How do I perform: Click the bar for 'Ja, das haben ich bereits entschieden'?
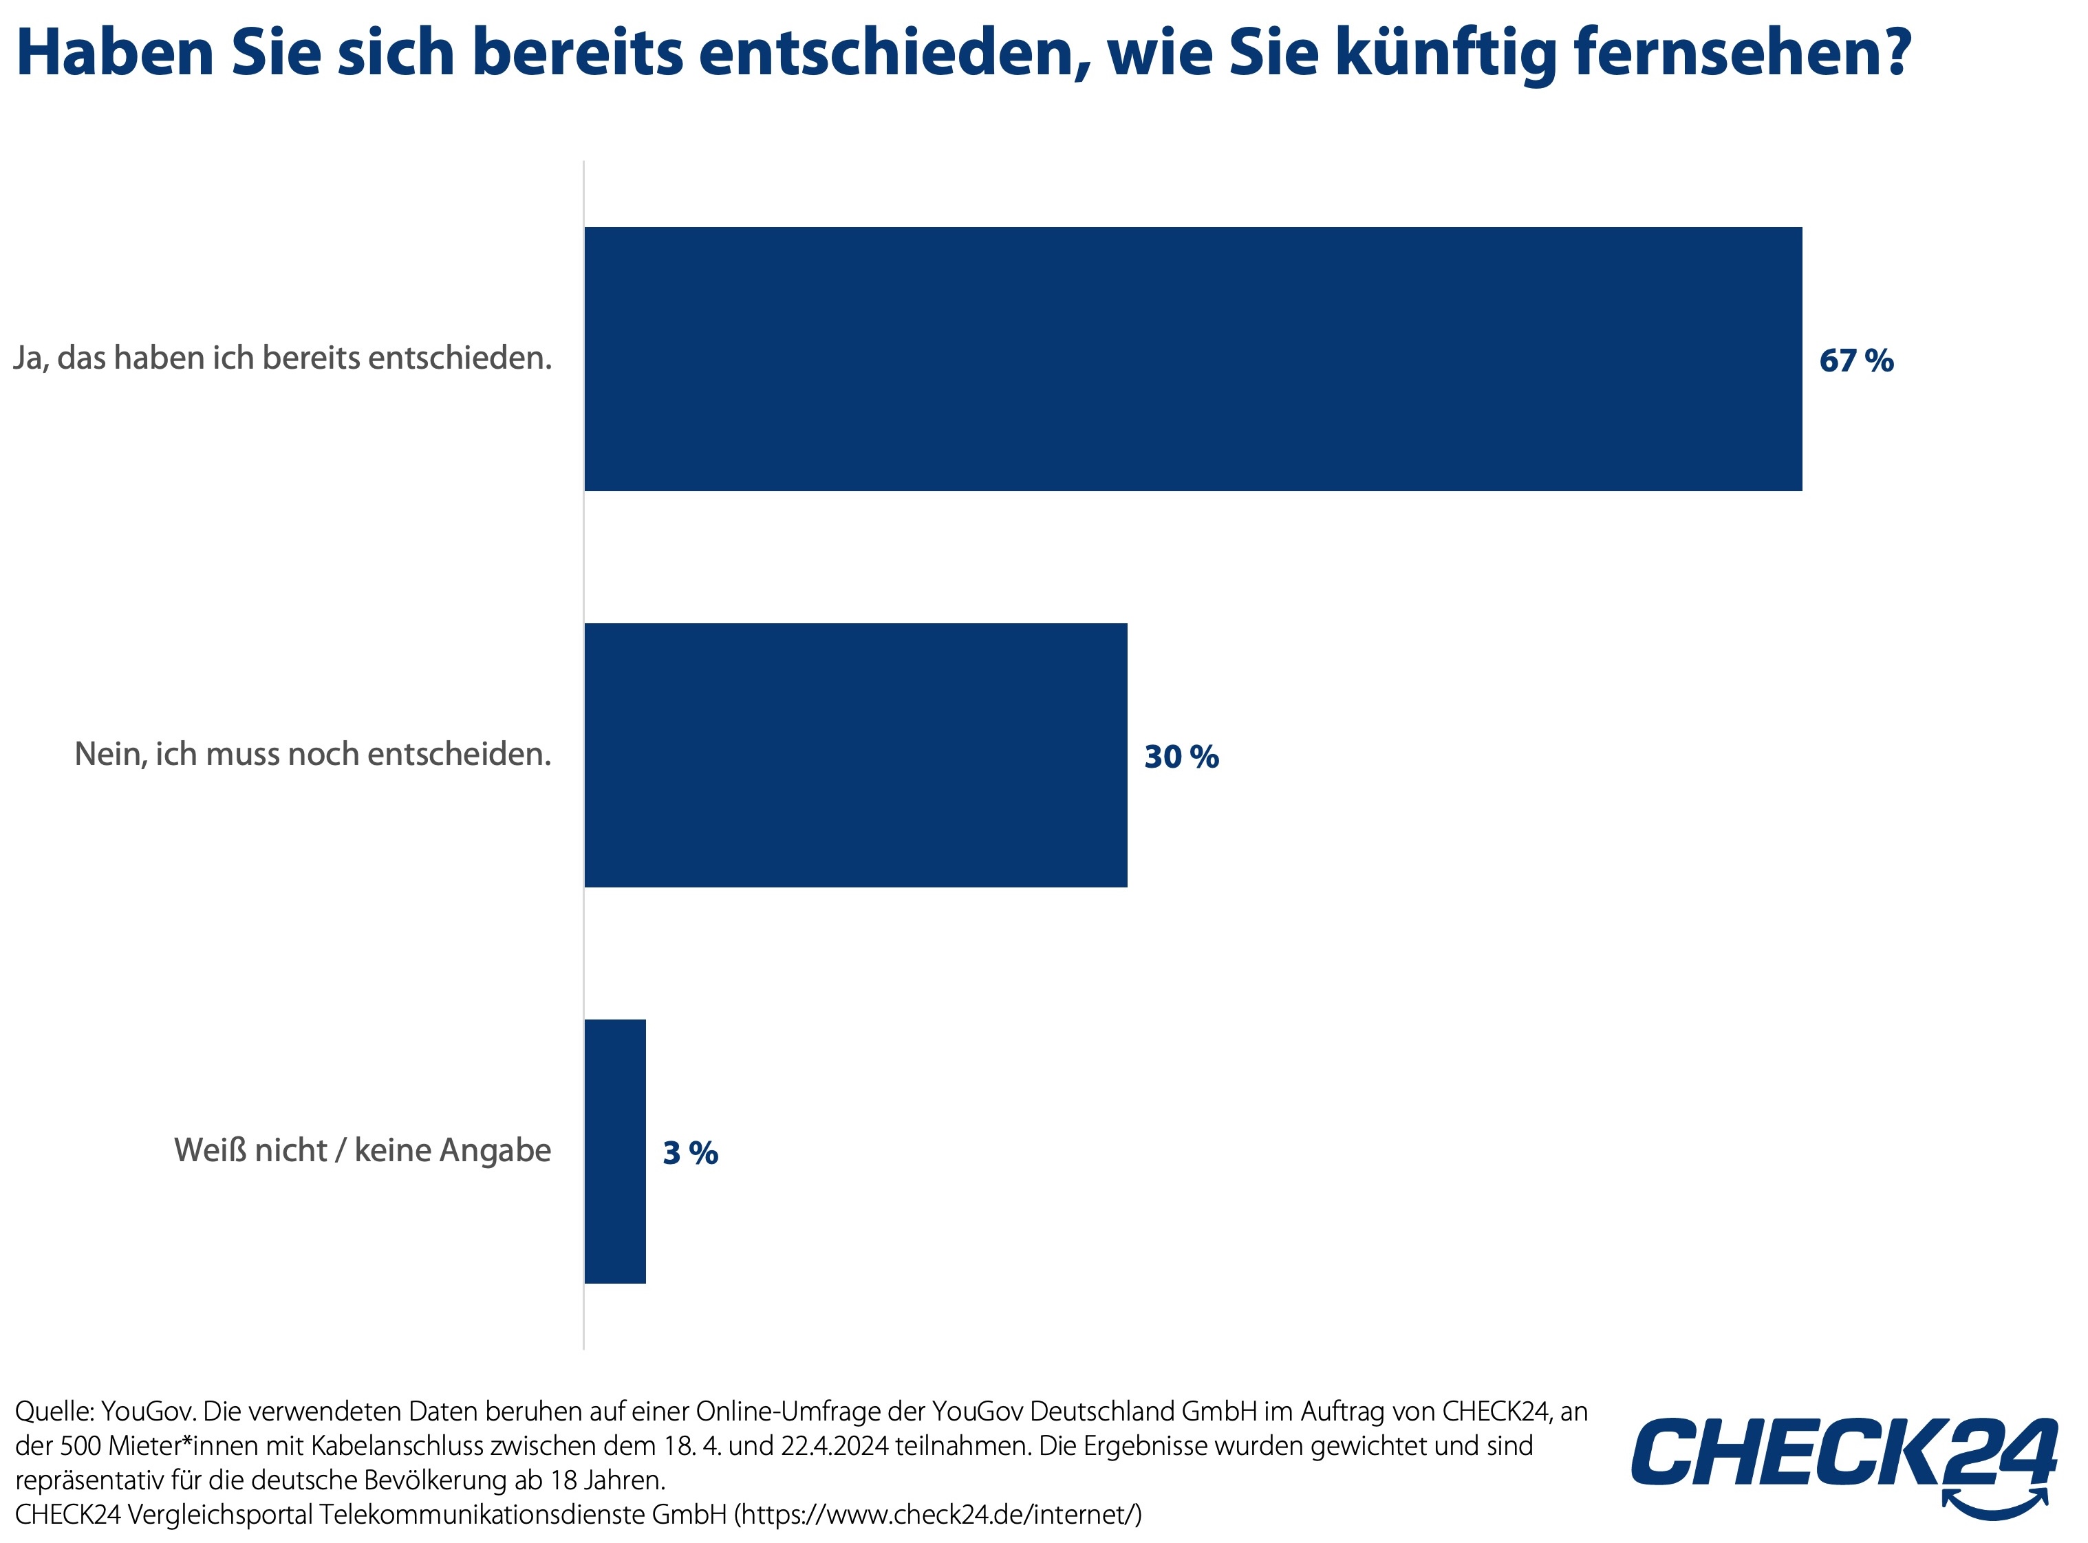point(1192,358)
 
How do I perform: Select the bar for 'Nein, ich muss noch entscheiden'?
point(855,755)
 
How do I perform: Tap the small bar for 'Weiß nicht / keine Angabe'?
point(615,1151)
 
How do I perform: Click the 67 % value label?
point(1855,360)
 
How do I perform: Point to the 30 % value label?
point(1181,757)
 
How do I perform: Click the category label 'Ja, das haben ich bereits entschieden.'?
point(282,358)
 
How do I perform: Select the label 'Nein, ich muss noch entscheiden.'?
point(312,755)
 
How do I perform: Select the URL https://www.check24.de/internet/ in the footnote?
point(937,1514)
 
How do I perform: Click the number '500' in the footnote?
point(80,1446)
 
